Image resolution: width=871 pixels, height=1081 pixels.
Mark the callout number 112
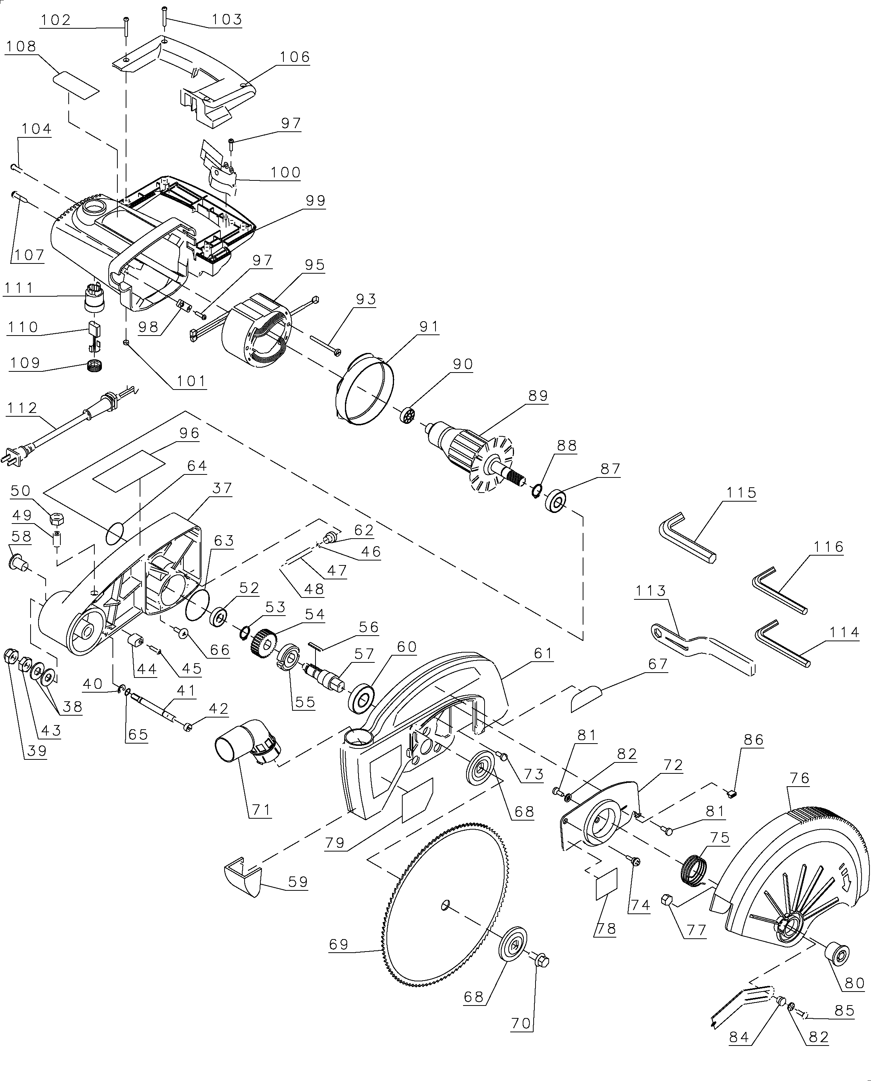click(22, 408)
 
